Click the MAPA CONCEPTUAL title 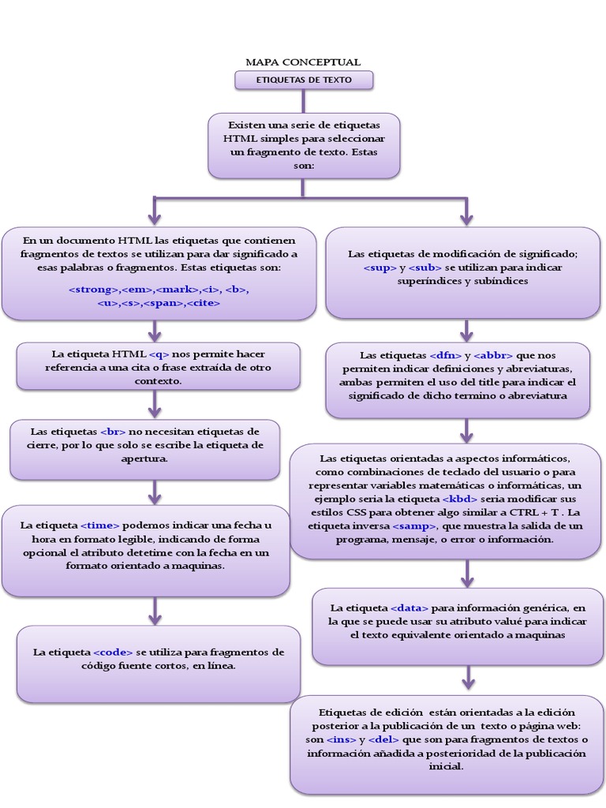tap(303, 62)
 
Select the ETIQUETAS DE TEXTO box tap(304, 80)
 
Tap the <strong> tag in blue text tap(94, 290)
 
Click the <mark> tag tap(179, 290)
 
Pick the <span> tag tap(163, 302)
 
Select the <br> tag tap(114, 432)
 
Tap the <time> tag tap(99, 525)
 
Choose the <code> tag tap(113, 653)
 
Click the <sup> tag tap(380, 267)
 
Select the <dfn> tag tap(446, 355)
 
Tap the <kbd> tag tap(460, 499)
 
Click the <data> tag tap(409, 608)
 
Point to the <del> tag tap(384, 739)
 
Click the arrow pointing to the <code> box tap(155, 611)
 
